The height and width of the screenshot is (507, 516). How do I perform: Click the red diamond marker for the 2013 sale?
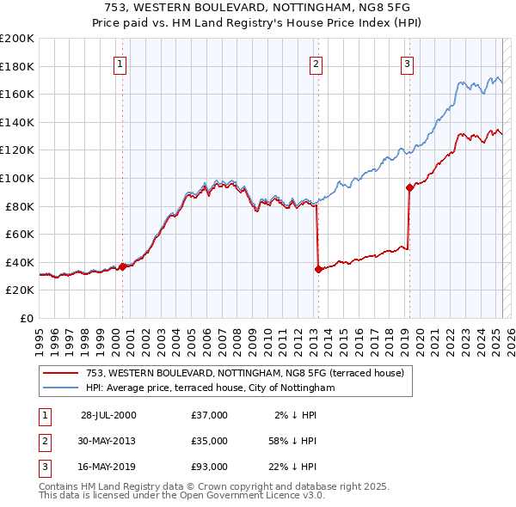[x=318, y=269]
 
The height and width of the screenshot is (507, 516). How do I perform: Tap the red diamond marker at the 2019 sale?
[x=408, y=187]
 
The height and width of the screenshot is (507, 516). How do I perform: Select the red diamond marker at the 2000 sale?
[x=122, y=266]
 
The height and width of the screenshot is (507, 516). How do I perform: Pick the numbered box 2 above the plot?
[x=316, y=63]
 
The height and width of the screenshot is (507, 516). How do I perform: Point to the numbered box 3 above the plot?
[x=407, y=63]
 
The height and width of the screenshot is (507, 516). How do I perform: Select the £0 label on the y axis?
[x=26, y=318]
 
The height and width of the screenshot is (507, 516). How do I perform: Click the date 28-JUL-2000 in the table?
[x=108, y=415]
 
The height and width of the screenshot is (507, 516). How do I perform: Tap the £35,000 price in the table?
[x=210, y=441]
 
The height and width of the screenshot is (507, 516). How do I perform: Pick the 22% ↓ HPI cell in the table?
[x=292, y=467]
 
